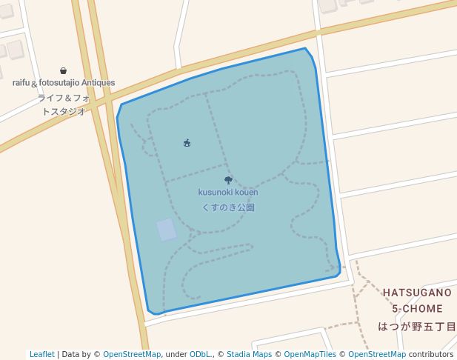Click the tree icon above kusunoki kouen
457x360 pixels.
pyautogui.click(x=228, y=180)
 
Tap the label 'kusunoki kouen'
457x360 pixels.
pyautogui.click(x=228, y=193)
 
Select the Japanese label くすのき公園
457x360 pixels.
pyautogui.click(x=228, y=207)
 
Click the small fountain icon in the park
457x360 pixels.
pyautogui.click(x=187, y=143)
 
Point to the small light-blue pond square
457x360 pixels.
pyautogui.click(x=167, y=230)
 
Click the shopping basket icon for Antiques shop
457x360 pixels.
pyautogui.click(x=64, y=71)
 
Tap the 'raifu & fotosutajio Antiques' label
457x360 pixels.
pyautogui.click(x=64, y=83)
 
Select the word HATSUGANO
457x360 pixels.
pyautogui.click(x=417, y=293)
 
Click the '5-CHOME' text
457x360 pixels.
pyautogui.click(x=417, y=309)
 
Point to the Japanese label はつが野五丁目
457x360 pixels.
pyautogui.click(x=417, y=326)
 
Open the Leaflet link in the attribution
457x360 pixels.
pyautogui.click(x=42, y=354)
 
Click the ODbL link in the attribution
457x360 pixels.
pyautogui.click(x=201, y=354)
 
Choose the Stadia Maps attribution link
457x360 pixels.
pyautogui.click(x=249, y=354)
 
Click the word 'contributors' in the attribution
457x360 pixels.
pyautogui.click(x=430, y=354)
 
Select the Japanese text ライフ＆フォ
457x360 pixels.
pyautogui.click(x=64, y=98)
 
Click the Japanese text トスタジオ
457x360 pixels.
pyautogui.click(x=64, y=111)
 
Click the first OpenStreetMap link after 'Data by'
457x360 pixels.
pyautogui.click(x=132, y=354)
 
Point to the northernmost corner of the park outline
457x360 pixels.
pyautogui.click(x=304, y=49)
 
